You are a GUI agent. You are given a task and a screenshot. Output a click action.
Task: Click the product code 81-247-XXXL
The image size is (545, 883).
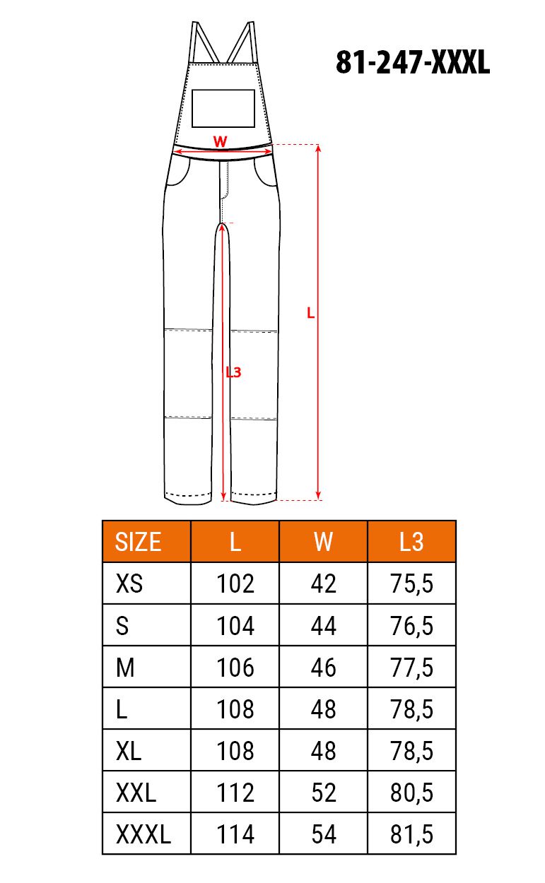[413, 62]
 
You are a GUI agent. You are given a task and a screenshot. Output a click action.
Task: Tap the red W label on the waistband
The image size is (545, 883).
[220, 141]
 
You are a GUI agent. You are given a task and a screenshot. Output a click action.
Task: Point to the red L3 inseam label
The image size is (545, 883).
[233, 372]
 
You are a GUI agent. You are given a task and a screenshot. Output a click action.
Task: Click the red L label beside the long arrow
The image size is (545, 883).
[311, 313]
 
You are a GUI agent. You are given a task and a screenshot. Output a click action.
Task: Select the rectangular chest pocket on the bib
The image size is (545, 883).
[223, 108]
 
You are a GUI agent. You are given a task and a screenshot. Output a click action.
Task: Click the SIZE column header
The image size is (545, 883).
[138, 542]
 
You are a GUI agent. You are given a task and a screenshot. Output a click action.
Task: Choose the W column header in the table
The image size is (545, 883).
[323, 542]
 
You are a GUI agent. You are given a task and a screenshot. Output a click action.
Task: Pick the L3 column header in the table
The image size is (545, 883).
[411, 542]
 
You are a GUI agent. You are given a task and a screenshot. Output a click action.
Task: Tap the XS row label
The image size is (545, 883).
[129, 583]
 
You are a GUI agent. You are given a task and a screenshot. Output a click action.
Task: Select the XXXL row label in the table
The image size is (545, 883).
[143, 834]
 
